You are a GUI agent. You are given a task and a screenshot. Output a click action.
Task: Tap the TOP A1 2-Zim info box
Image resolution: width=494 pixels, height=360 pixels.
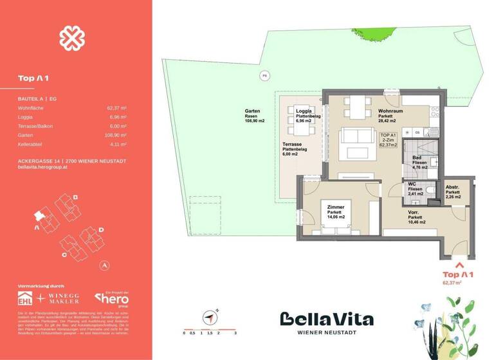388,140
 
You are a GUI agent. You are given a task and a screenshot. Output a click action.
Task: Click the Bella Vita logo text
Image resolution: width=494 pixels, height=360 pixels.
326,319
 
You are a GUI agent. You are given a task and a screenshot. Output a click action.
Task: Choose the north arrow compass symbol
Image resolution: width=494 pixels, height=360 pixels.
210,316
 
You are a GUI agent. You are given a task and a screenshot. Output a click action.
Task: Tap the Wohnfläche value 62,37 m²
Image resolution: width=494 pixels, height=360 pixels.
116,109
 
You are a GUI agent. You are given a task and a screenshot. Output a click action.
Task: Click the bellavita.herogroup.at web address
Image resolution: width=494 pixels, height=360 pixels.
44,166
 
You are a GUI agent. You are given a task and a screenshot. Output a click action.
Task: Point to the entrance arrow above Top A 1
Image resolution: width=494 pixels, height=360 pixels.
459,263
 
